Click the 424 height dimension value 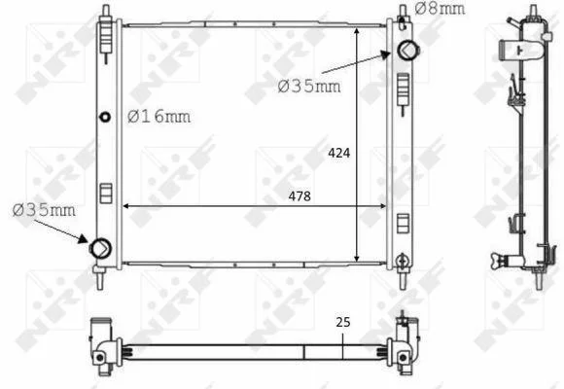(x=338, y=154)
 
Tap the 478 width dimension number (x=300, y=196)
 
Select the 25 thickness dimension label (x=343, y=322)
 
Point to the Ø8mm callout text (x=440, y=9)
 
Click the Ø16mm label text (x=159, y=117)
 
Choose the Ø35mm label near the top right (x=309, y=87)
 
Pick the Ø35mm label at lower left (x=44, y=210)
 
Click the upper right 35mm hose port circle (x=407, y=50)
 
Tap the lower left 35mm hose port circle (x=100, y=248)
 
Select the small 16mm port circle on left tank (x=105, y=117)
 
